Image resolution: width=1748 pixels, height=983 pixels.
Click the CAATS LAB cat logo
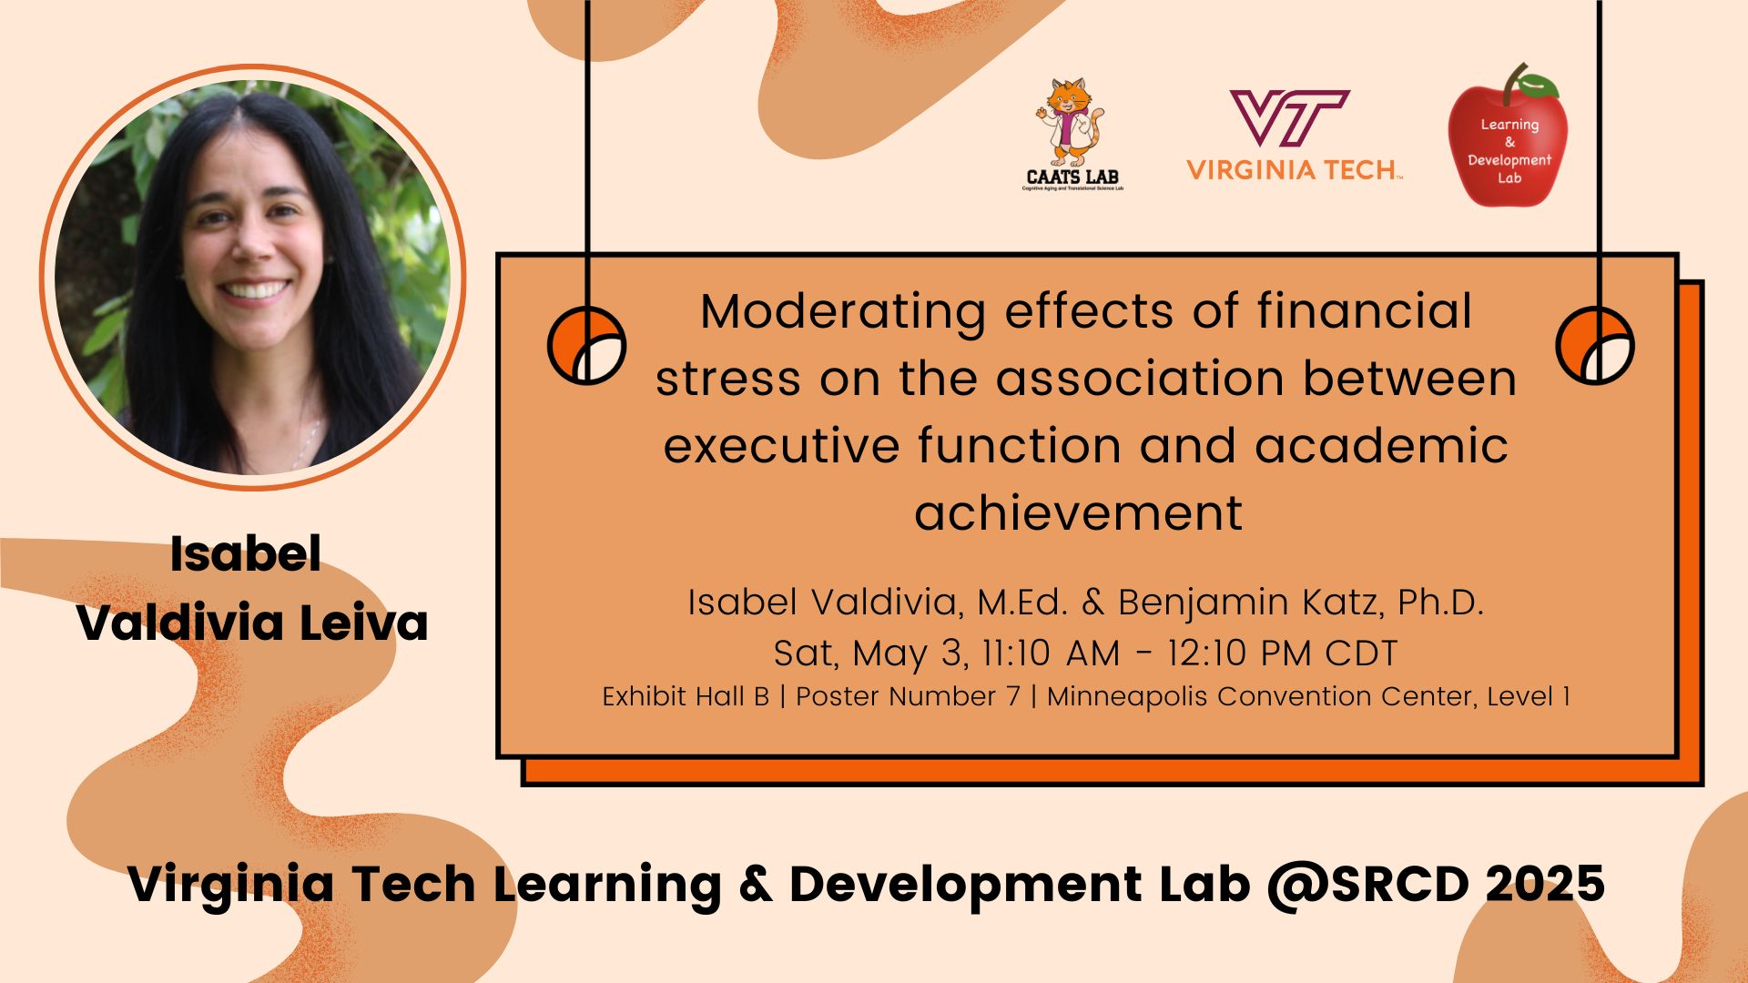pyautogui.click(x=1072, y=135)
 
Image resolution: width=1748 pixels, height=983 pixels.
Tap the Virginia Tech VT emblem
pyautogui.click(x=1289, y=118)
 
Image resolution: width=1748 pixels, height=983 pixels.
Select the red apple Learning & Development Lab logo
pyautogui.click(x=1508, y=136)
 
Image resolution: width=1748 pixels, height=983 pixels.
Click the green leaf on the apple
pyautogui.click(x=1538, y=86)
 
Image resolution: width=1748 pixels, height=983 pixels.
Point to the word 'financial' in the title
pyautogui.click(x=1364, y=311)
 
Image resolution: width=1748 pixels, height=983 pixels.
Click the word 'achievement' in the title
pyautogui.click(x=1079, y=512)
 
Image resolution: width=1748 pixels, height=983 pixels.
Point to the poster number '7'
pyautogui.click(x=1013, y=696)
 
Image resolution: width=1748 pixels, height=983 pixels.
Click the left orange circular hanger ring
pyautogui.click(x=586, y=346)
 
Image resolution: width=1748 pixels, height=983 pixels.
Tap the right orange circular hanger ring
pyautogui.click(x=1595, y=346)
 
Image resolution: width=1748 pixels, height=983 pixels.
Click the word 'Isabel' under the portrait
pyautogui.click(x=246, y=554)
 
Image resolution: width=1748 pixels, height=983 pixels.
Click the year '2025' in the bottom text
pyautogui.click(x=1545, y=884)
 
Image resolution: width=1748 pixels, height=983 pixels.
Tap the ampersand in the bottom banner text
pyautogui.click(x=756, y=885)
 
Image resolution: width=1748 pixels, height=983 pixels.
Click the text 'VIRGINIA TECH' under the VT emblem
pyautogui.click(x=1293, y=170)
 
